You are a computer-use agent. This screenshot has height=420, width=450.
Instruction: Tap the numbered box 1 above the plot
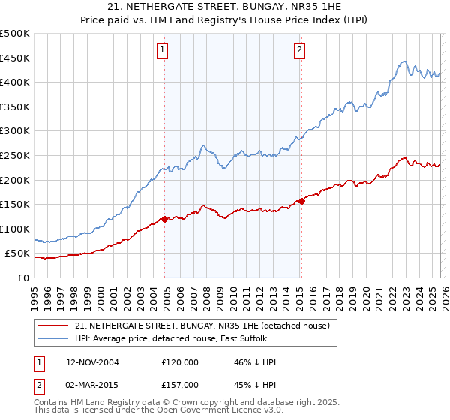(x=162, y=50)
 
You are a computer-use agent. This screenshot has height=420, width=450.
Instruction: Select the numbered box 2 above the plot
(x=298, y=50)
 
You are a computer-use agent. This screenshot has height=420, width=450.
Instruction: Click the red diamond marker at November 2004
(x=165, y=219)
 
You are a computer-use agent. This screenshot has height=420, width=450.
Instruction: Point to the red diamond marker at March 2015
(x=301, y=201)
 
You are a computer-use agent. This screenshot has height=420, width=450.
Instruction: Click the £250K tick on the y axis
(x=15, y=155)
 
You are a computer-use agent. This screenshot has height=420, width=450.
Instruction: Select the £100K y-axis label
(x=15, y=229)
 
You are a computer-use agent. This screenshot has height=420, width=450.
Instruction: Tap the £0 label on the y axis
(x=22, y=277)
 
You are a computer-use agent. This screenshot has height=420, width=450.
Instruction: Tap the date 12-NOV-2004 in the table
(x=92, y=362)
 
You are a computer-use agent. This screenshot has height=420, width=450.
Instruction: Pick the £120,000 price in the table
(x=179, y=362)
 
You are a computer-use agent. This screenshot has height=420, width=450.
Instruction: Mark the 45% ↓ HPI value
(x=255, y=384)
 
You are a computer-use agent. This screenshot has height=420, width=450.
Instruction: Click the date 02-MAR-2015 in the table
(x=92, y=384)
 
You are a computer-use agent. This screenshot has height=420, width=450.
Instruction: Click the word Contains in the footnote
(x=52, y=403)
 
